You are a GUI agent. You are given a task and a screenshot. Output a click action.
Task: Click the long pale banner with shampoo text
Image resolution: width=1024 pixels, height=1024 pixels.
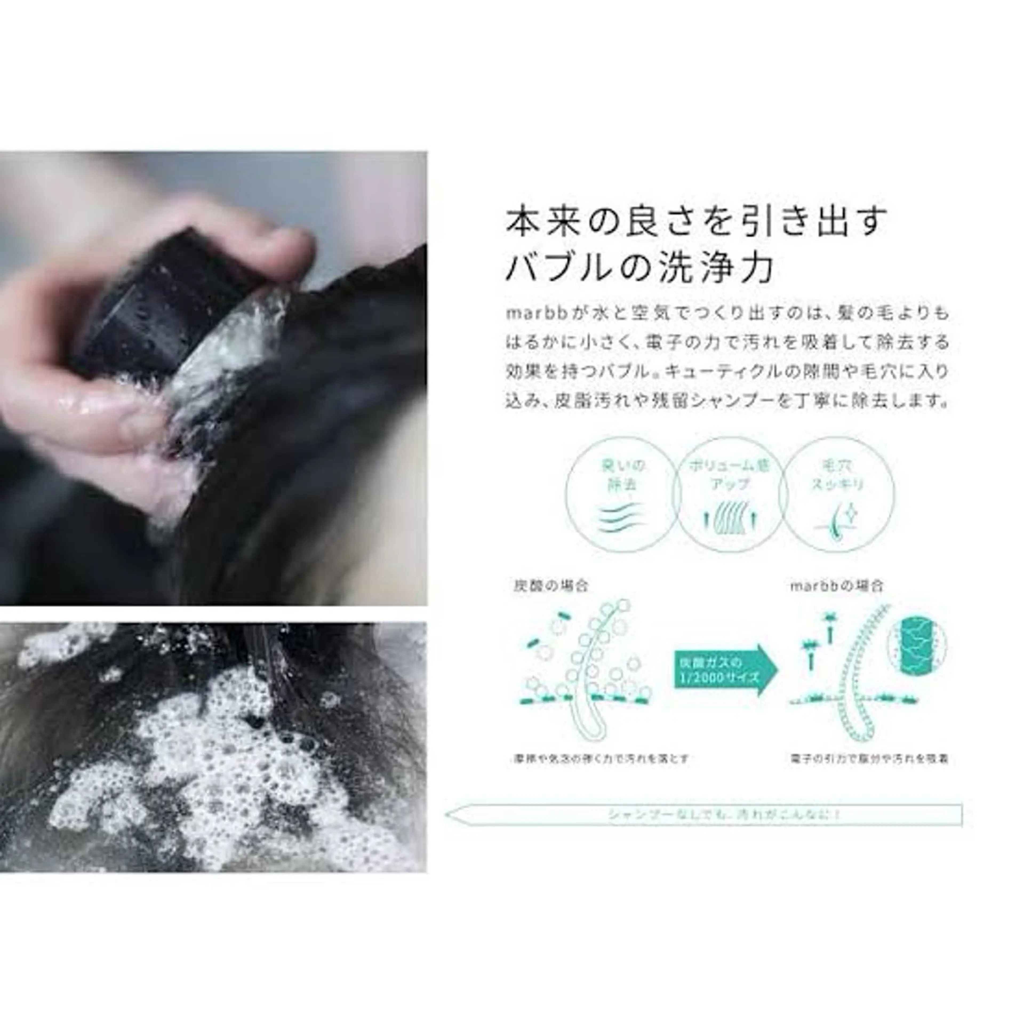point(705,815)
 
